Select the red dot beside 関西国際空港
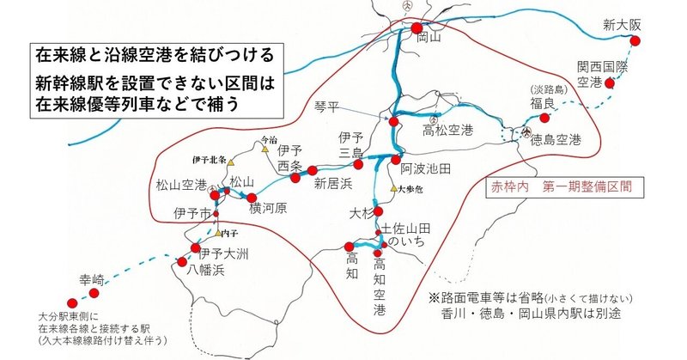(x=610, y=83)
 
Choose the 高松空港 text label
(x=449, y=131)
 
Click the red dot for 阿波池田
(x=395, y=159)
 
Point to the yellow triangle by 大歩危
(x=393, y=188)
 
